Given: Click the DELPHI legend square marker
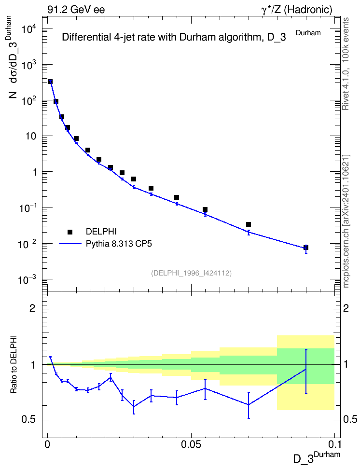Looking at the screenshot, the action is pos(70,232).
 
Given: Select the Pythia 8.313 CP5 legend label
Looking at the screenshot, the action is pos(119,244).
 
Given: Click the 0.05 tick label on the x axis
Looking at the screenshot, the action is pos(191,444).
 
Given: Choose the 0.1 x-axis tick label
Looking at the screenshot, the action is pos(334,444).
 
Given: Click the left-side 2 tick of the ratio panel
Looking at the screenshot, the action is pos(32,308).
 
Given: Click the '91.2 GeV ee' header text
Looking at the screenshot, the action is pos(76,10).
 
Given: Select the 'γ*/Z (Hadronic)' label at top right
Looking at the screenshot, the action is pos(297,10).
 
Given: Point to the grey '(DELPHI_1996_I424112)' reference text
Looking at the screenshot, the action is pos(191,273).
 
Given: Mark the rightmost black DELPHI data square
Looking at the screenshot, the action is pos(306,248).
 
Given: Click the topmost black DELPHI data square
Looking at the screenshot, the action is pos(50,82).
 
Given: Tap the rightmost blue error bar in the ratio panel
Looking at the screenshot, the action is pos(306,372).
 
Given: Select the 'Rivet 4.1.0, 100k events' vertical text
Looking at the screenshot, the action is pos(346,64).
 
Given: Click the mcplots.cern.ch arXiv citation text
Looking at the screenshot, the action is pos(346,221).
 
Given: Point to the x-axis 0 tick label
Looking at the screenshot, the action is pos(47,444).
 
